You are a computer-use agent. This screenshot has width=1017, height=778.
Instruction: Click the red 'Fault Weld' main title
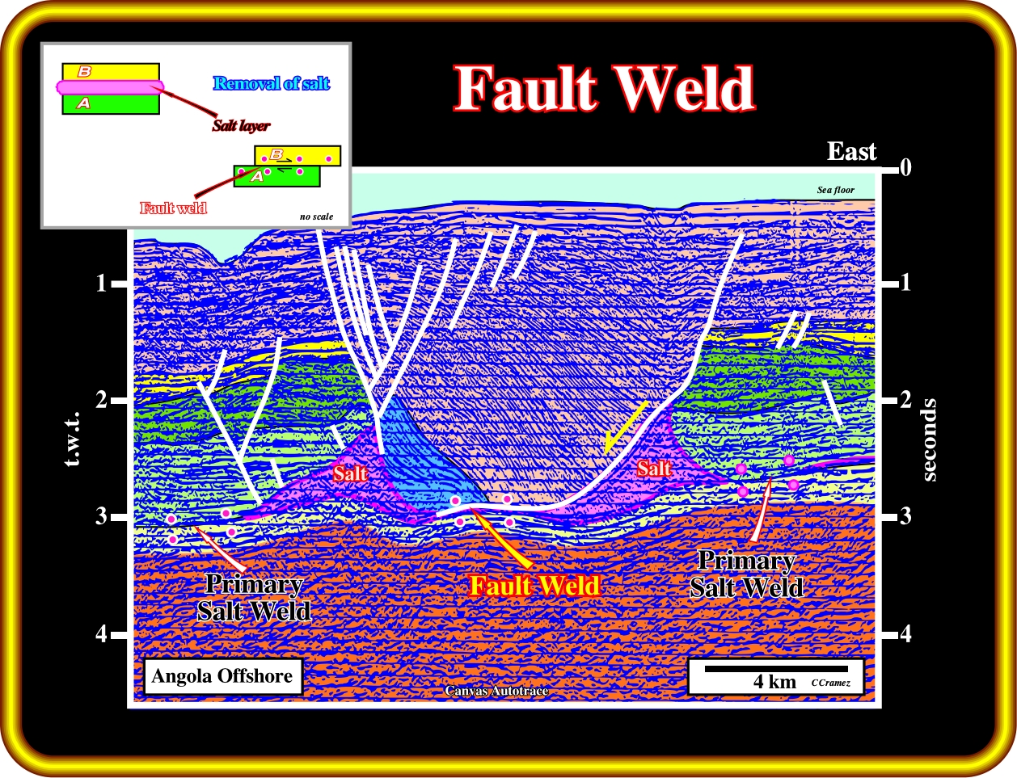(x=605, y=88)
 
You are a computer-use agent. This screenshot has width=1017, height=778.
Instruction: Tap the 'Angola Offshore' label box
(x=222, y=676)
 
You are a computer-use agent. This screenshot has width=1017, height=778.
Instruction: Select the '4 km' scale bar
(x=775, y=670)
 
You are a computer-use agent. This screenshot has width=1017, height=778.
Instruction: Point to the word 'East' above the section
(x=851, y=151)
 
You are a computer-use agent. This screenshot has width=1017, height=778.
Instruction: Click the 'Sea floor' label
(x=835, y=191)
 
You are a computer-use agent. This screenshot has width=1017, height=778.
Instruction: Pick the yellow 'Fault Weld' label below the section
(x=535, y=586)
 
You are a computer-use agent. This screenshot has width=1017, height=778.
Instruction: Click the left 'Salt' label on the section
(x=350, y=473)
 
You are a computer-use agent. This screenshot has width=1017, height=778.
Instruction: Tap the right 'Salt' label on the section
(x=653, y=469)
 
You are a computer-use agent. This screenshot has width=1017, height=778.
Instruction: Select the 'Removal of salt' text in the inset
(x=272, y=83)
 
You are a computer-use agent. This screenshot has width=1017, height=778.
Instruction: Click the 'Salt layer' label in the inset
(x=241, y=125)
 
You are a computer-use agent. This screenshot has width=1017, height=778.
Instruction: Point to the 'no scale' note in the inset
(x=316, y=217)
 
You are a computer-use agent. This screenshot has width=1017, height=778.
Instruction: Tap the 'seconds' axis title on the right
(x=929, y=439)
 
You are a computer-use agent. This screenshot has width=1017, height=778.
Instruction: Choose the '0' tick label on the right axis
(x=905, y=168)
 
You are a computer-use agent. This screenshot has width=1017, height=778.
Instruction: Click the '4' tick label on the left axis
(x=101, y=634)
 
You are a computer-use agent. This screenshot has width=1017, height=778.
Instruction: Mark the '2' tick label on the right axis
(x=905, y=400)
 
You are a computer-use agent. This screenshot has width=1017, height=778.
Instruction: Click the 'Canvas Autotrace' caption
(x=496, y=691)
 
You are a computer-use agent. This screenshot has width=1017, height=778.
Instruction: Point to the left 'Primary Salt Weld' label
(x=254, y=597)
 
